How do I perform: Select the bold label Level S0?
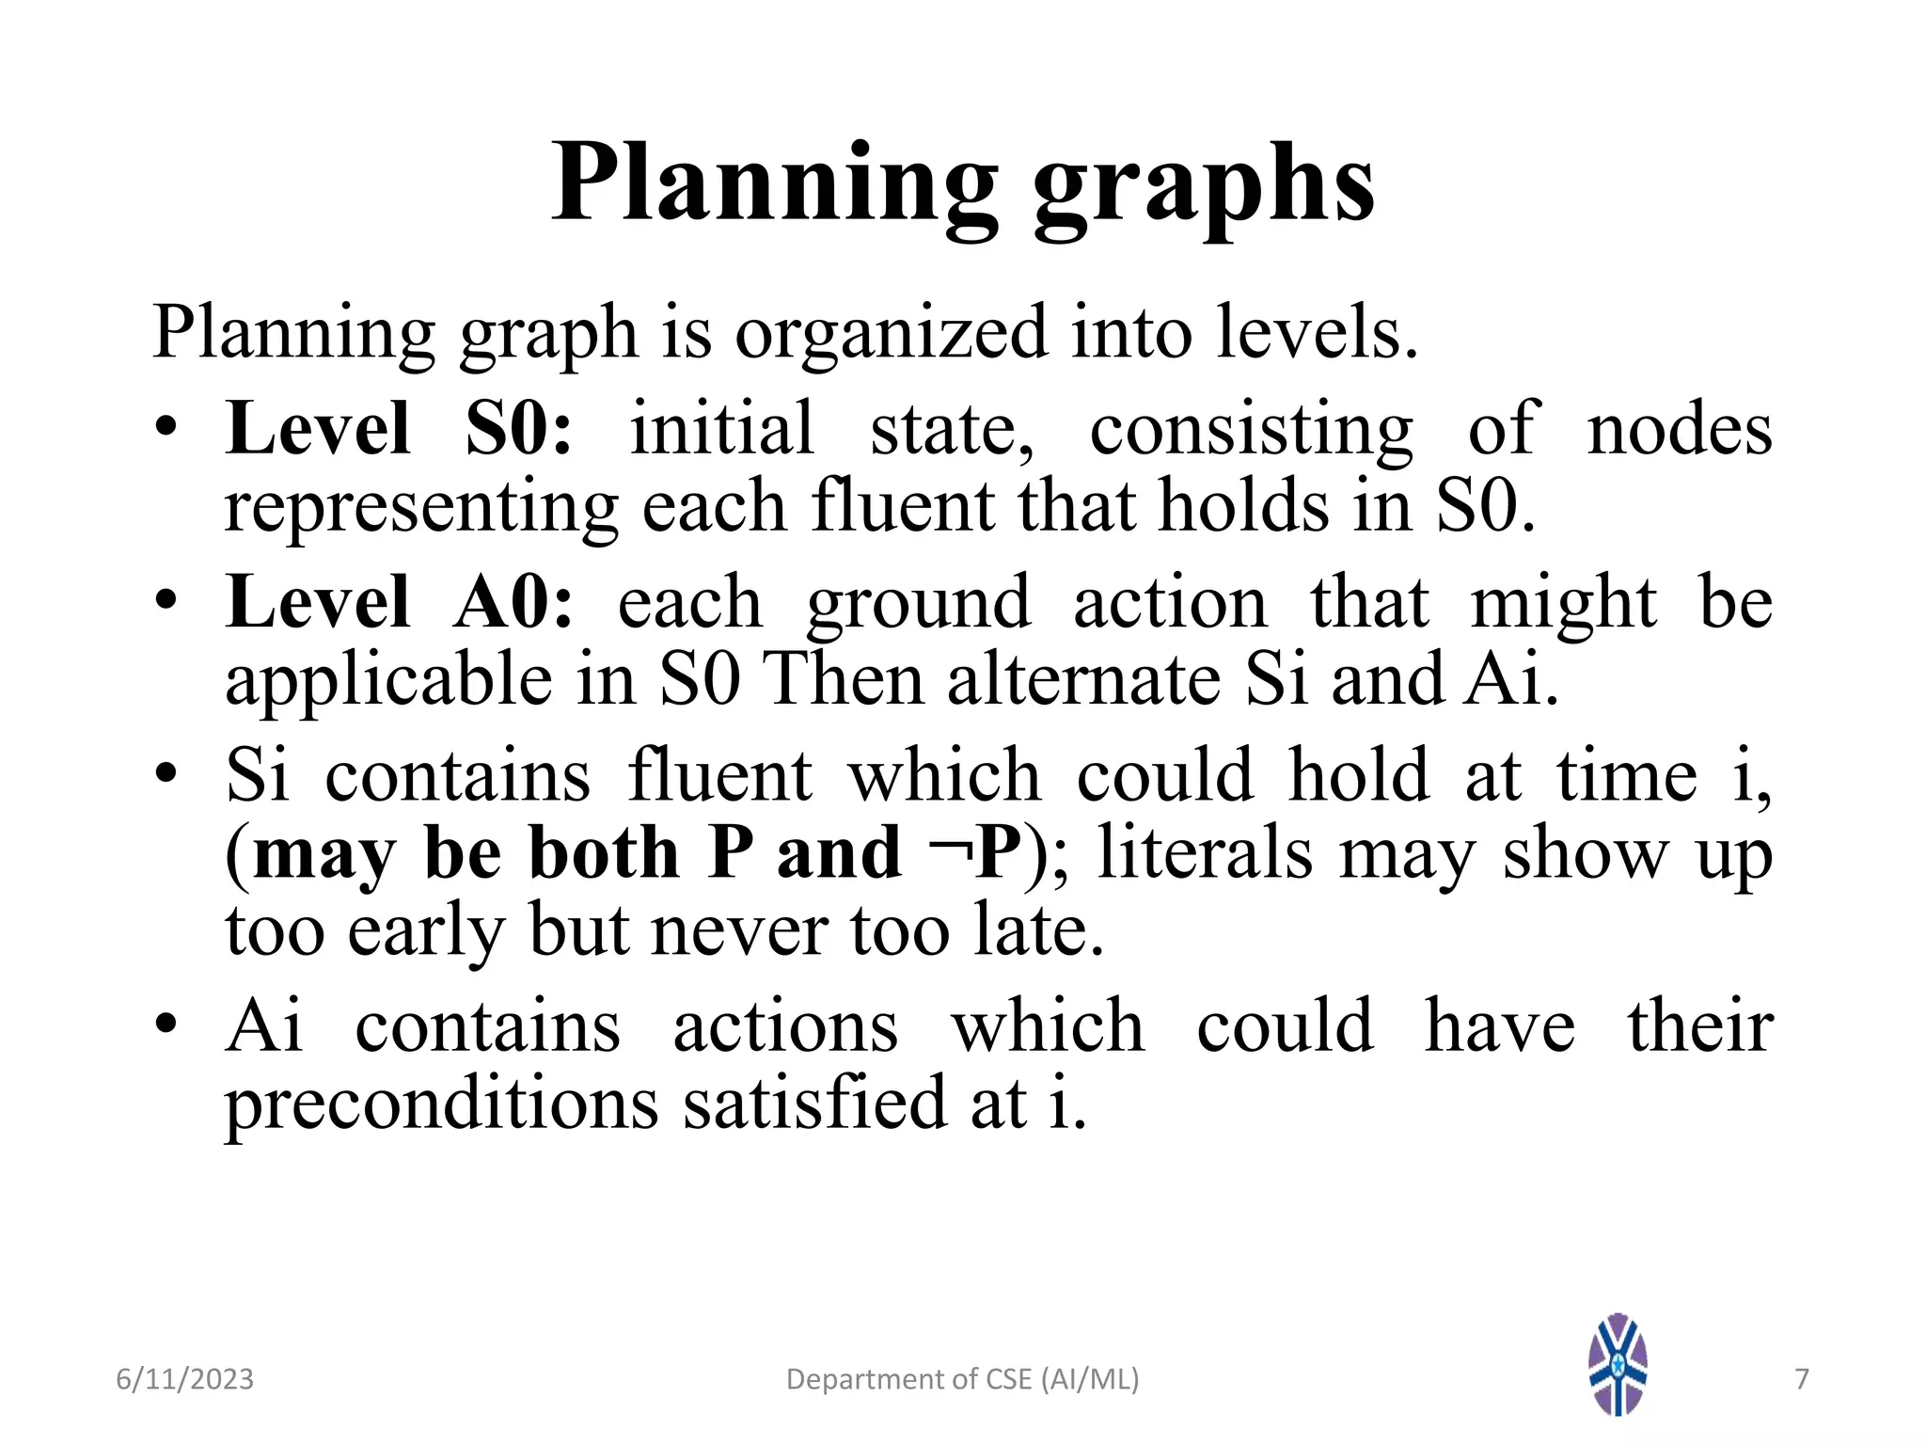click(399, 429)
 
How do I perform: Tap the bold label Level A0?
click(399, 602)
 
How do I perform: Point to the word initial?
click(721, 429)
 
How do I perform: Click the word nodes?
click(1679, 429)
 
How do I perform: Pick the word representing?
click(420, 508)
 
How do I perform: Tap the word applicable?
click(388, 679)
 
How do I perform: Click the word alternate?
click(1083, 679)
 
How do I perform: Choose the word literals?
click(1205, 852)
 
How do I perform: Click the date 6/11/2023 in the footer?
click(184, 1379)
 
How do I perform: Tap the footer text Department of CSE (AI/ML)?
click(962, 1379)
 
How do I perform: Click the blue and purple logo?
click(1618, 1364)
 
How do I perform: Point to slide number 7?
click(1802, 1379)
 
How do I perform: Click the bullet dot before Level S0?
click(166, 427)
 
